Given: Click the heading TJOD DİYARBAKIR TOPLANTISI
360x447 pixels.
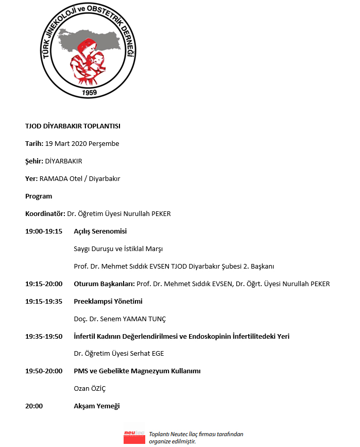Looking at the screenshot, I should click(x=73, y=126).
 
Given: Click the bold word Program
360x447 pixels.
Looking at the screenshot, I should click(x=39, y=196).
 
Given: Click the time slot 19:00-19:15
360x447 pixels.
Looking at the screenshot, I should click(x=44, y=231).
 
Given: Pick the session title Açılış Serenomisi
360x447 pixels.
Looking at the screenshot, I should click(x=100, y=231).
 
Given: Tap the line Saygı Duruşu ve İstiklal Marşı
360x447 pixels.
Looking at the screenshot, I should click(x=118, y=249).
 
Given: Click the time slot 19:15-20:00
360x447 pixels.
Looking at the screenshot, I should click(x=44, y=284).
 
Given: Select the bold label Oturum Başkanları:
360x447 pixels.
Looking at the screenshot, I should click(x=104, y=284).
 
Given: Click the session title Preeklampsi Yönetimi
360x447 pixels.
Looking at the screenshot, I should click(x=108, y=301).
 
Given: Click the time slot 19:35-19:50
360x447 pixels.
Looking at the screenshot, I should click(x=44, y=336).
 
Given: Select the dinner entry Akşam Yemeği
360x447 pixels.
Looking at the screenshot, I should click(x=96, y=406).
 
